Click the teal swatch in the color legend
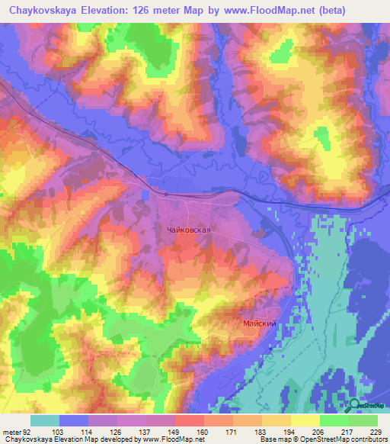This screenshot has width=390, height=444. click(44, 421)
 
